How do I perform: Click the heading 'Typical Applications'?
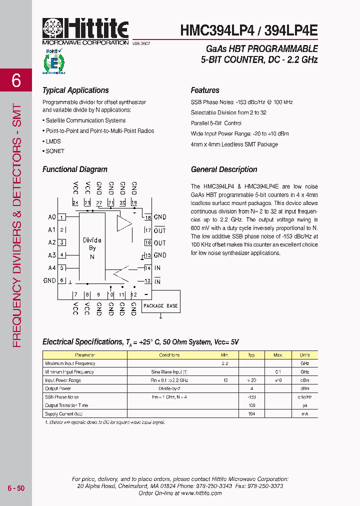pyautogui.click(x=75, y=90)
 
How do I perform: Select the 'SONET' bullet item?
pyautogui.click(x=54, y=151)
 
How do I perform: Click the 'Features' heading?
pyautogui.click(x=205, y=90)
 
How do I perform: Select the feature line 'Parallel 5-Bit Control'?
pyautogui.click(x=216, y=123)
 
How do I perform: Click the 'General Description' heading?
pyautogui.click(x=224, y=169)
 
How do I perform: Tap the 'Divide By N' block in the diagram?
pyautogui.click(x=92, y=248)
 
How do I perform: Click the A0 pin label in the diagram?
pyautogui.click(x=51, y=217)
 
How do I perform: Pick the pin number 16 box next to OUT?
pyautogui.click(x=147, y=242)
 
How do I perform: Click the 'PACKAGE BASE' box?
pyautogui.click(x=160, y=305)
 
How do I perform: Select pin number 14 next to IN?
pyautogui.click(x=147, y=268)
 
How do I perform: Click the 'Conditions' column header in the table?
pyautogui.click(x=169, y=355)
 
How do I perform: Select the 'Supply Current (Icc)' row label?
pyautogui.click(x=63, y=414)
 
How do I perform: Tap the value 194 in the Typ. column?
pyautogui.click(x=251, y=414)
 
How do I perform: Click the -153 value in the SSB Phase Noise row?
pyautogui.click(x=251, y=397)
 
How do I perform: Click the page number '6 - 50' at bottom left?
pyautogui.click(x=16, y=488)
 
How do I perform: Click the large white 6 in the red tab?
pyautogui.click(x=16, y=80)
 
